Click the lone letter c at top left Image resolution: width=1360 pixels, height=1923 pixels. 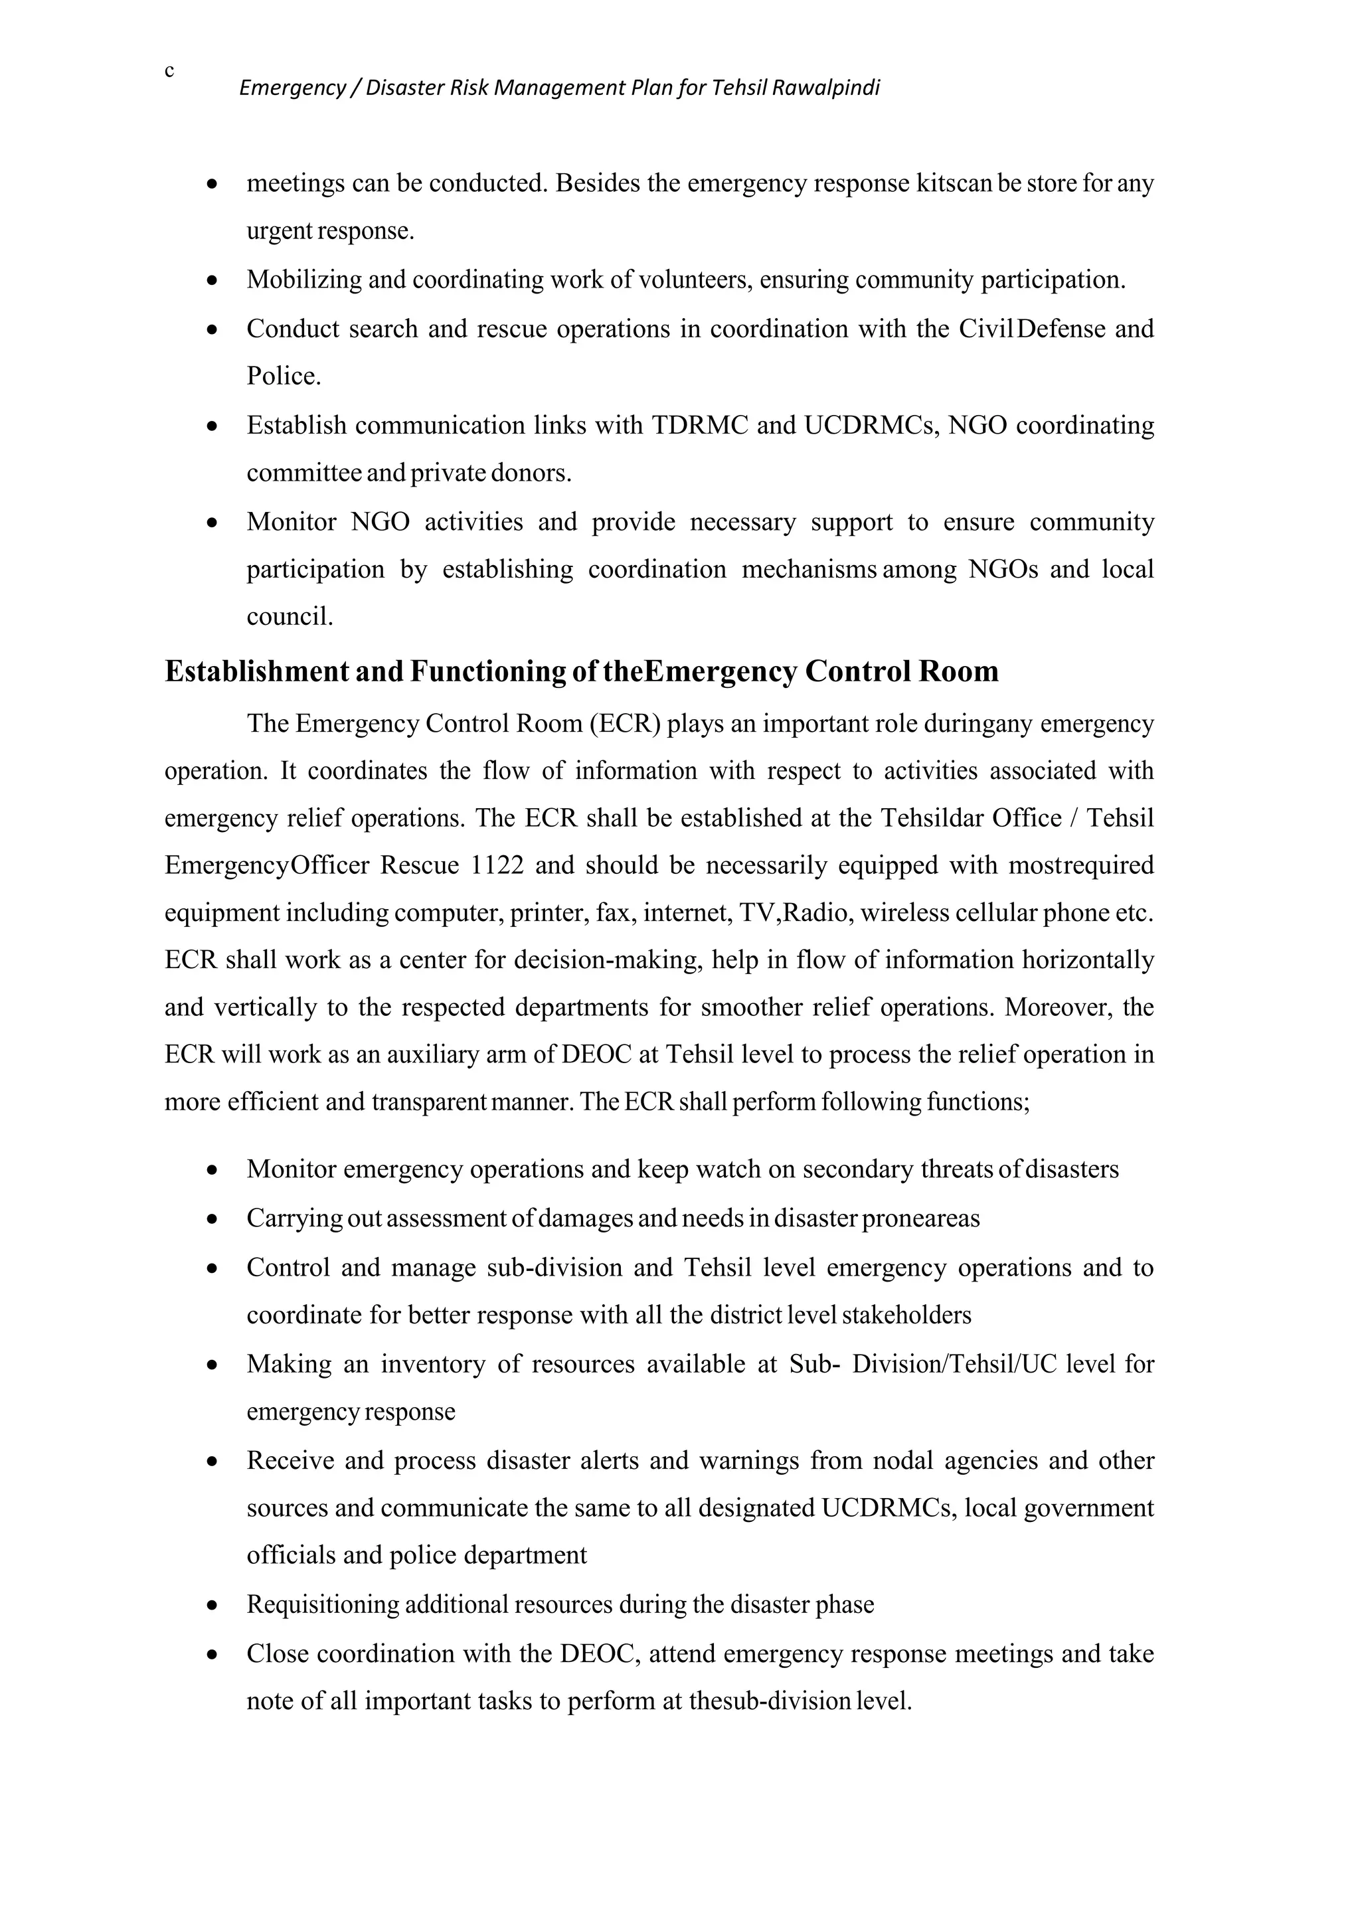pyautogui.click(x=169, y=71)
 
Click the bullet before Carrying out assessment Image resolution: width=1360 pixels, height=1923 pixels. pyautogui.click(x=214, y=1219)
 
